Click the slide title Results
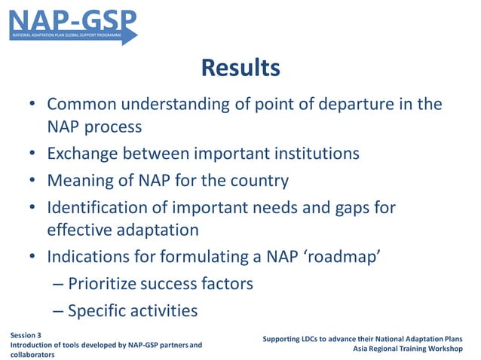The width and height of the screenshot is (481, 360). coord(240,68)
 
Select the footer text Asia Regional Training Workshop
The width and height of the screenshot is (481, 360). coord(409,349)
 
